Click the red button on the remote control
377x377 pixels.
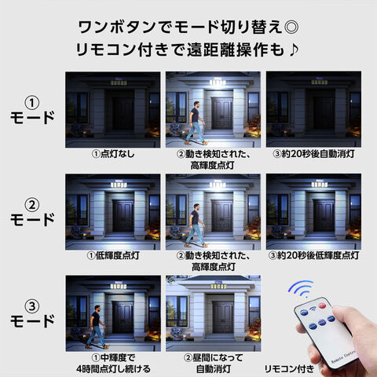[322, 306]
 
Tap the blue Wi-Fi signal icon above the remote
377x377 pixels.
[301, 289]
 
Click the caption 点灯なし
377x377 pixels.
[117, 154]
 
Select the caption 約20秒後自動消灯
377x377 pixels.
[318, 154]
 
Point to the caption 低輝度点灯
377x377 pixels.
[117, 255]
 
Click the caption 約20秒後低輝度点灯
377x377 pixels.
[318, 255]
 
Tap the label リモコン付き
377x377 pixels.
[289, 369]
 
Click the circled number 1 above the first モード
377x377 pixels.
[32, 103]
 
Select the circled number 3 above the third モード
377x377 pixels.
[32, 306]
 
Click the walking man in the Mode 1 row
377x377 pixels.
[196, 123]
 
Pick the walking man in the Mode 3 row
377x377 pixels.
[97, 327]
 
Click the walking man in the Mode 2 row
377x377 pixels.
[196, 225]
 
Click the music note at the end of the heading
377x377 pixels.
[294, 49]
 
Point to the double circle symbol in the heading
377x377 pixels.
[291, 27]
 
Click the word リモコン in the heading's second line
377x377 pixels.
[106, 49]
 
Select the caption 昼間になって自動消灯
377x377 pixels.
[214, 364]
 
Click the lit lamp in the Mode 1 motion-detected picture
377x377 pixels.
[218, 82]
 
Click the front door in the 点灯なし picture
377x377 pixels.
[123, 114]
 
